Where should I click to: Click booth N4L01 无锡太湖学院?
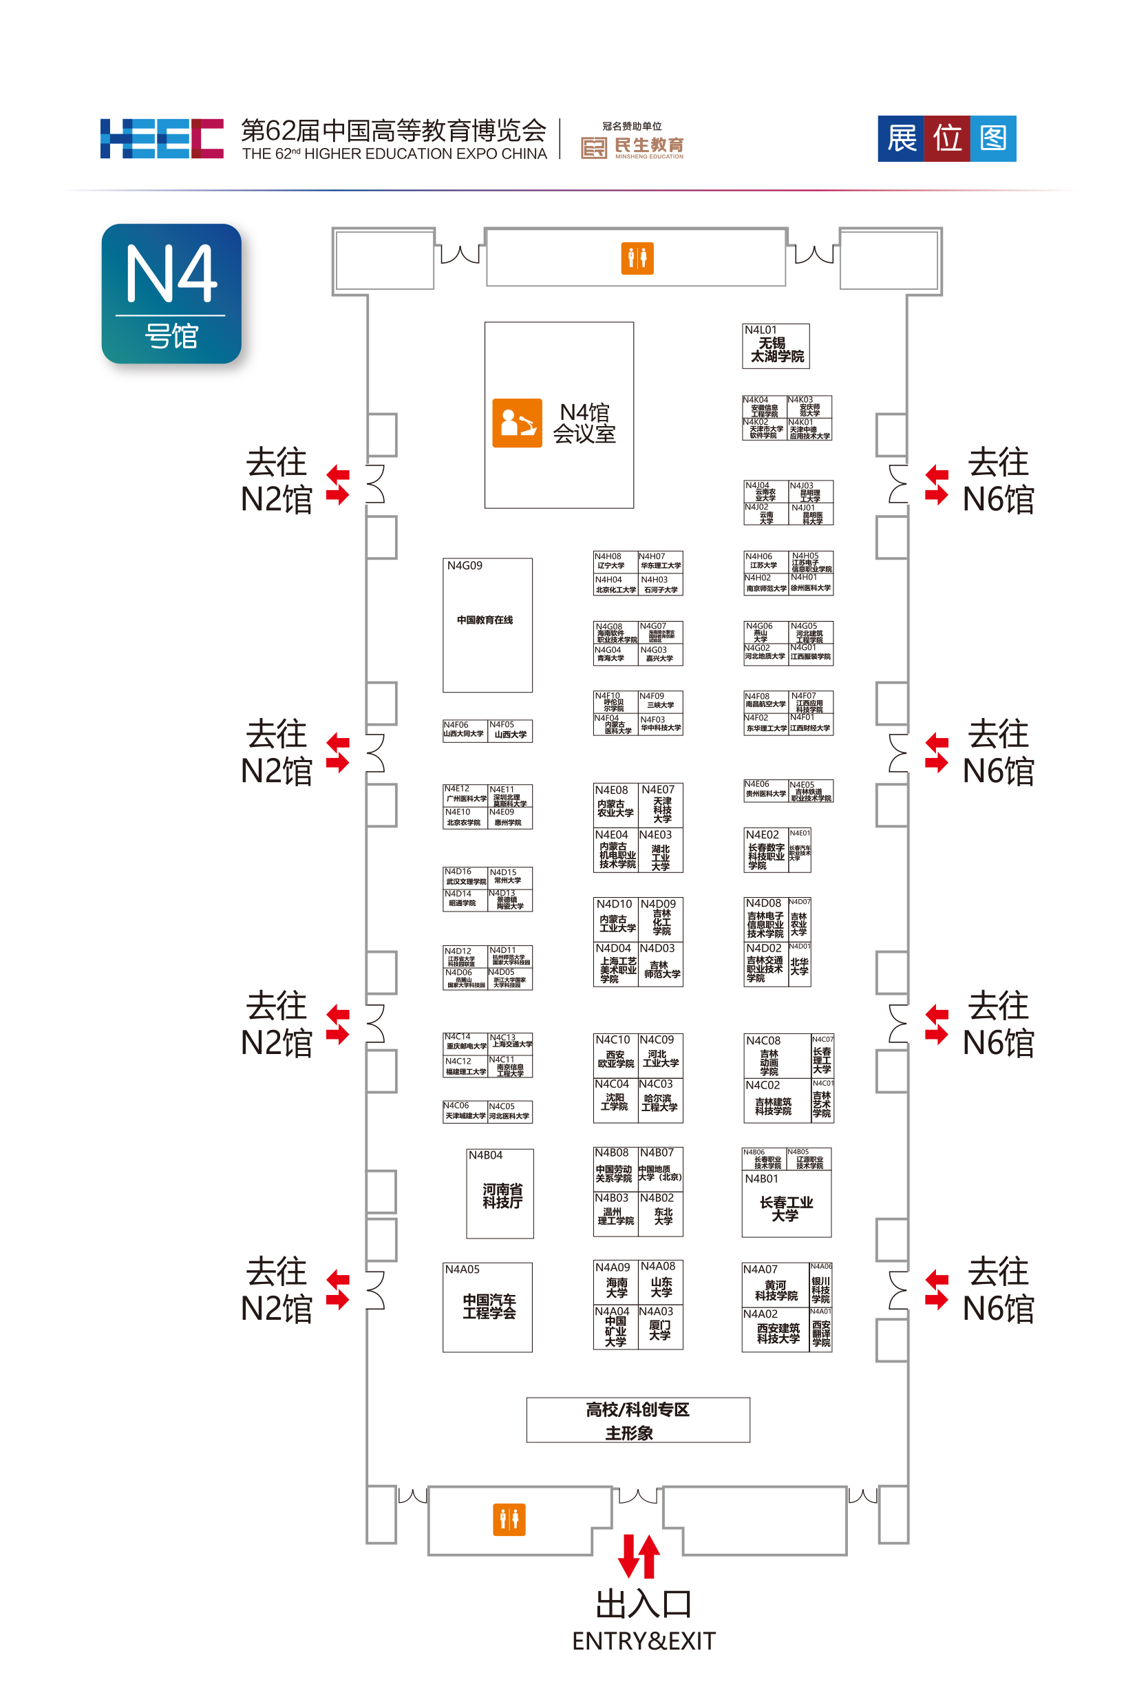click(x=775, y=346)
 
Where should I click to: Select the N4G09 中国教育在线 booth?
click(x=487, y=624)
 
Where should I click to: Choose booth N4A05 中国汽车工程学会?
click(x=487, y=1307)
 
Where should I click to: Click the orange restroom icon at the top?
click(x=637, y=258)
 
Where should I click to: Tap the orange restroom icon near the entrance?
click(x=509, y=1519)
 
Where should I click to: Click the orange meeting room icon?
click(x=517, y=423)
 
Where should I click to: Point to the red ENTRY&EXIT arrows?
click(x=639, y=1556)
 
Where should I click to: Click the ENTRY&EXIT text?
click(x=644, y=1641)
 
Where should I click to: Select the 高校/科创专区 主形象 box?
click(x=637, y=1420)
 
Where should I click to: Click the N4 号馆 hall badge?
click(x=171, y=294)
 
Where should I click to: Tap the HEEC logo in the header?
click(x=162, y=138)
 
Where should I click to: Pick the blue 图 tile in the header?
click(x=992, y=138)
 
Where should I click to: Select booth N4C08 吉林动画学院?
click(x=776, y=1055)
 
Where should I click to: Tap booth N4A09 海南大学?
click(x=615, y=1283)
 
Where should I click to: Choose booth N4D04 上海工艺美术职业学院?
click(x=615, y=964)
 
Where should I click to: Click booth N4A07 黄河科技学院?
click(x=775, y=1285)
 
